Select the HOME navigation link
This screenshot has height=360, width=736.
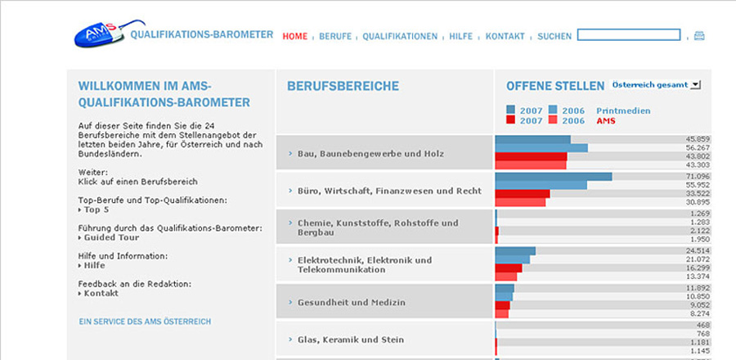pos(295,37)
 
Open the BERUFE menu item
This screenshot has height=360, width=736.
pos(335,37)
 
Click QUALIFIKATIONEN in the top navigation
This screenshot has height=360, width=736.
pos(400,37)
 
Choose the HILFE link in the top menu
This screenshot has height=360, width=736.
pos(461,37)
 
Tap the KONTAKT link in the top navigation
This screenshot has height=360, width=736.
pos(505,37)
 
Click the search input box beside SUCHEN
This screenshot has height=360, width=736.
pos(629,35)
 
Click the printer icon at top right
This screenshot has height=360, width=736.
pos(699,36)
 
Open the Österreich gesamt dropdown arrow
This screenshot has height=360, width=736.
pos(695,84)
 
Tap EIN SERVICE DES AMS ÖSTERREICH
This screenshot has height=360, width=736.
pos(145,322)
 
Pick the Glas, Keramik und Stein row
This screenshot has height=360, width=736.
pos(351,339)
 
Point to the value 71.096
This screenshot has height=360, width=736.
pos(698,176)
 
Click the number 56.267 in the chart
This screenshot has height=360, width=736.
pos(698,148)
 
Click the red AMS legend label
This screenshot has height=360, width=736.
pos(606,121)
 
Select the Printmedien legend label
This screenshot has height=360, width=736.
pos(624,110)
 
